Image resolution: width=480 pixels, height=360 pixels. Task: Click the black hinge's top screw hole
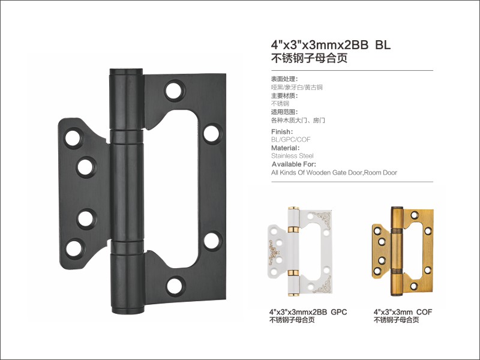pyautogui.click(x=174, y=91)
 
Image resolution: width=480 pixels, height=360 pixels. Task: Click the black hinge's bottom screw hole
pyautogui.click(x=175, y=286)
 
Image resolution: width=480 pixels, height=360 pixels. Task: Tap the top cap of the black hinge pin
pyautogui.click(x=126, y=71)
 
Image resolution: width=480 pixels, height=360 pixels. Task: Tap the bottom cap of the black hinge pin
pyautogui.click(x=128, y=308)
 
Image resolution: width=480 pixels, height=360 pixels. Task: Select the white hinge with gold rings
pyautogui.click(x=300, y=251)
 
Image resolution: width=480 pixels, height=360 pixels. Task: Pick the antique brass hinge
pyautogui.click(x=403, y=251)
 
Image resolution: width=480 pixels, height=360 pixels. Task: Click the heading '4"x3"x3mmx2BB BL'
pyautogui.click(x=331, y=45)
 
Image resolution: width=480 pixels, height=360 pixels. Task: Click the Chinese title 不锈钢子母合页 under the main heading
pyautogui.click(x=309, y=58)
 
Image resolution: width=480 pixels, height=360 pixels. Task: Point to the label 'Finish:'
pyautogui.click(x=282, y=131)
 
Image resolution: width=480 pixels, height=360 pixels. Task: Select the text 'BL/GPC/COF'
pyautogui.click(x=291, y=140)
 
